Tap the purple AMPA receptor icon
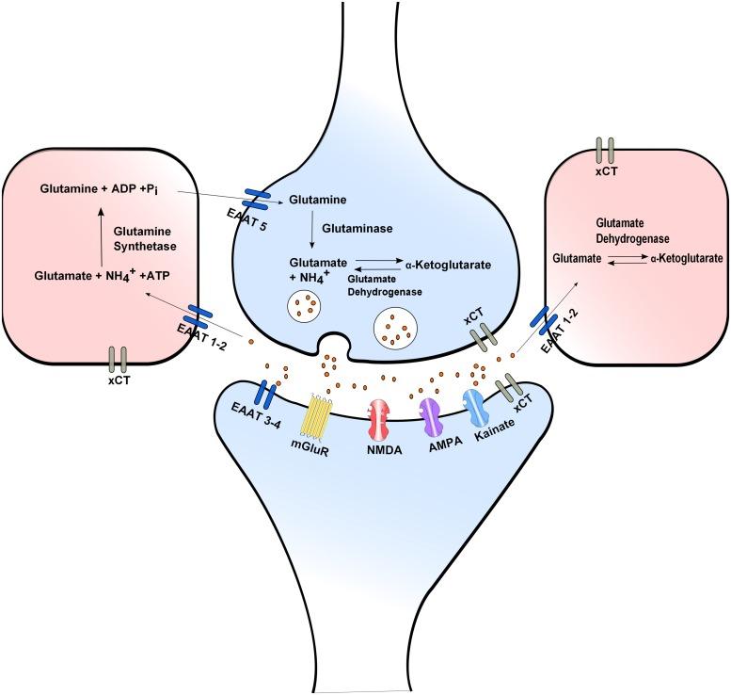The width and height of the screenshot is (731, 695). coord(431,413)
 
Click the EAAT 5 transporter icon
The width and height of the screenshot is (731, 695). coord(257,197)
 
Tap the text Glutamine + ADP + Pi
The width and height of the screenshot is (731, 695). coord(105,188)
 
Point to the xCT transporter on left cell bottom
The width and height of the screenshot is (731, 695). coord(118,358)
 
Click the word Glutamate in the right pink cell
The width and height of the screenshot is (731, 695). coord(576,256)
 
